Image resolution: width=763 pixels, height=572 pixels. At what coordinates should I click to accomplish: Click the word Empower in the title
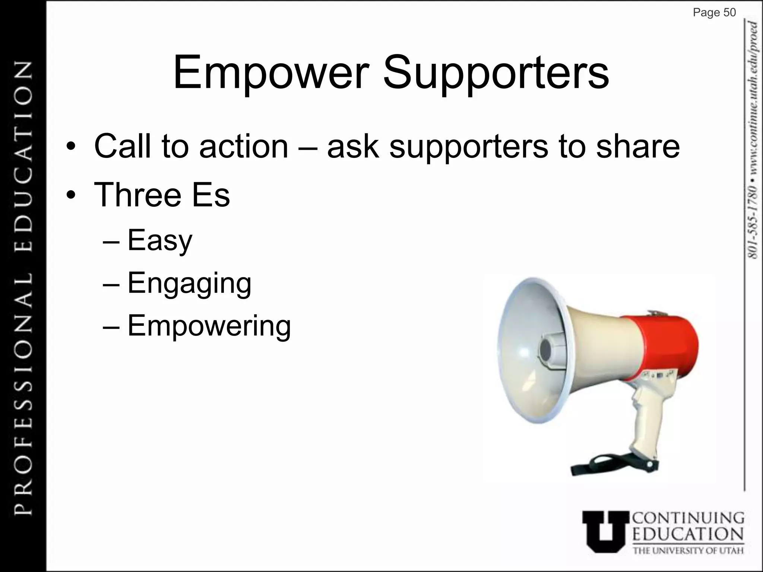coord(271,73)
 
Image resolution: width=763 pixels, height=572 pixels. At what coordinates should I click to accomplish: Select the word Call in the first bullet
coord(123,146)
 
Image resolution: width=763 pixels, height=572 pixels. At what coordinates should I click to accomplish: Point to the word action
coord(244,146)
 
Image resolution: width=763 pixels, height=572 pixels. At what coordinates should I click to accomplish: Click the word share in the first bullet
coord(638,146)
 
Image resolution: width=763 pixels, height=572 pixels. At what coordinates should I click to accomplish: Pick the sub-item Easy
coord(160,240)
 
